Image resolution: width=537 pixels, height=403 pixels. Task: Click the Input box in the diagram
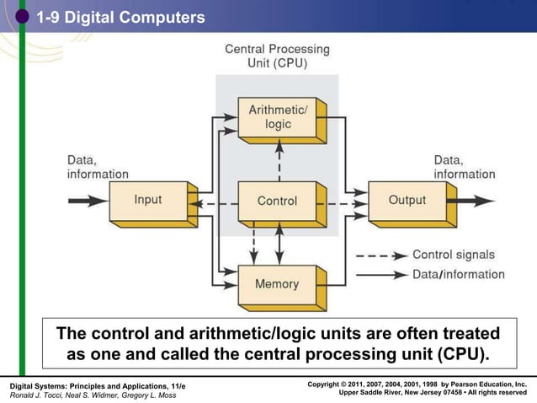pos(148,201)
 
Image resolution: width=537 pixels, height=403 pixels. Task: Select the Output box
pos(407,201)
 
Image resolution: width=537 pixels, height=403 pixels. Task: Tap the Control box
pos(277,201)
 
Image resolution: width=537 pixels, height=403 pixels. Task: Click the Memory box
pos(277,283)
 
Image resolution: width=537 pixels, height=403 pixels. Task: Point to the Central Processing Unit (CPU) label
pos(277,56)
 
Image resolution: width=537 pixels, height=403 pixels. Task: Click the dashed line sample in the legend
pos(381,255)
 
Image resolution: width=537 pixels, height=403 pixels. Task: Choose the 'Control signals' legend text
pos(453,255)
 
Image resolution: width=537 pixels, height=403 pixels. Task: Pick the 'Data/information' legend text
pos(458,274)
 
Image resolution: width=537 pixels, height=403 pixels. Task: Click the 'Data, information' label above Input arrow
pos(97,166)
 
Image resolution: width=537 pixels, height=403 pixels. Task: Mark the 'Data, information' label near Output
pos(464,166)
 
